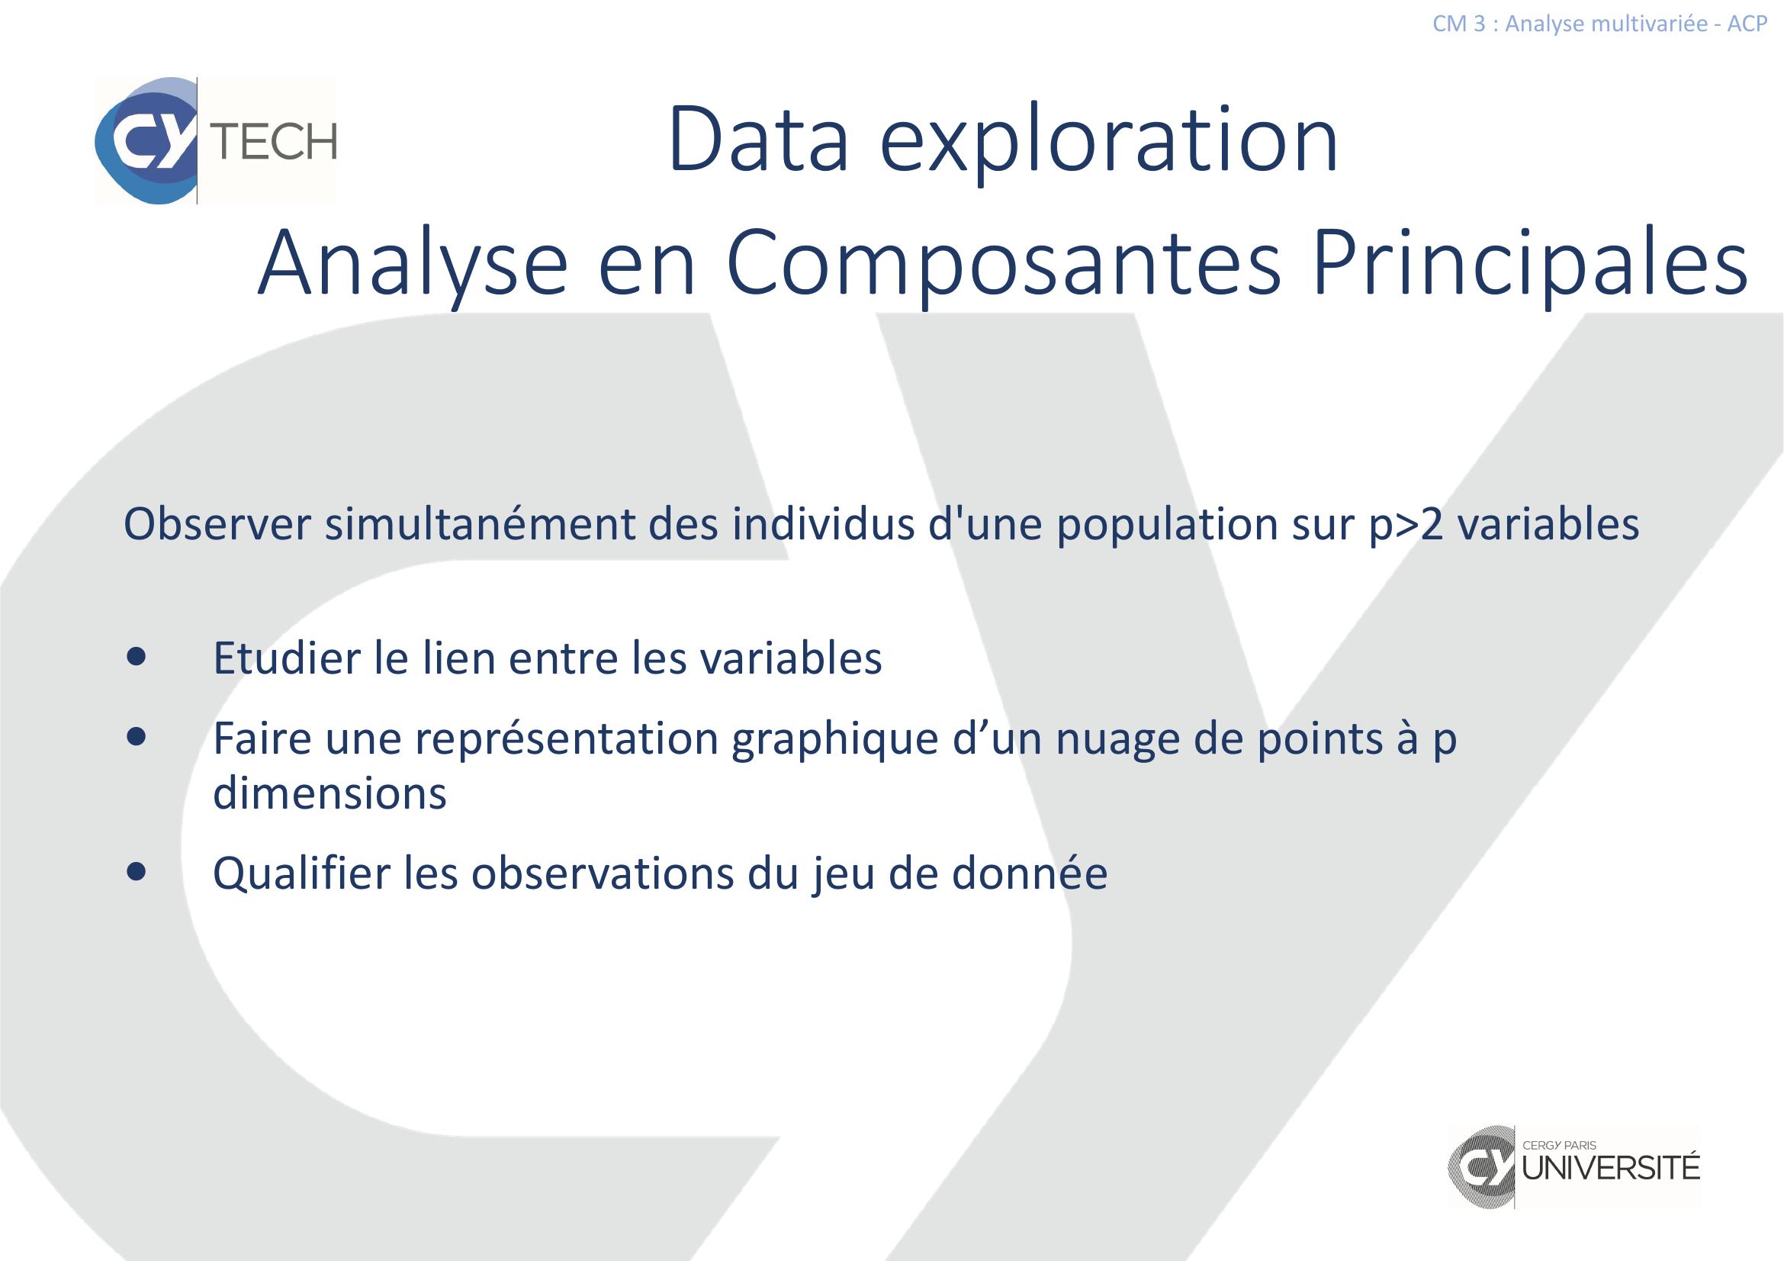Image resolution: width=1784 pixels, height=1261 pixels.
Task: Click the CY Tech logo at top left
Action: pyautogui.click(x=215, y=140)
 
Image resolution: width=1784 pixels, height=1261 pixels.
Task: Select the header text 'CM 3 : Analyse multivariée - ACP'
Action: pyautogui.click(x=1600, y=24)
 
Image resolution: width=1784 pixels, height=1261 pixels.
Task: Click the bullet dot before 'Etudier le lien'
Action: pyautogui.click(x=137, y=659)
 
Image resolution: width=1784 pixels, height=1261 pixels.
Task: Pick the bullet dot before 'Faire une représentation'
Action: pyautogui.click(x=137, y=738)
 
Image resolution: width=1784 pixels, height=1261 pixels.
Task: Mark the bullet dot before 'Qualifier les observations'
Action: pyautogui.click(x=137, y=873)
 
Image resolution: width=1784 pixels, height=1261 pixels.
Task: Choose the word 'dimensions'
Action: pyautogui.click(x=330, y=794)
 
